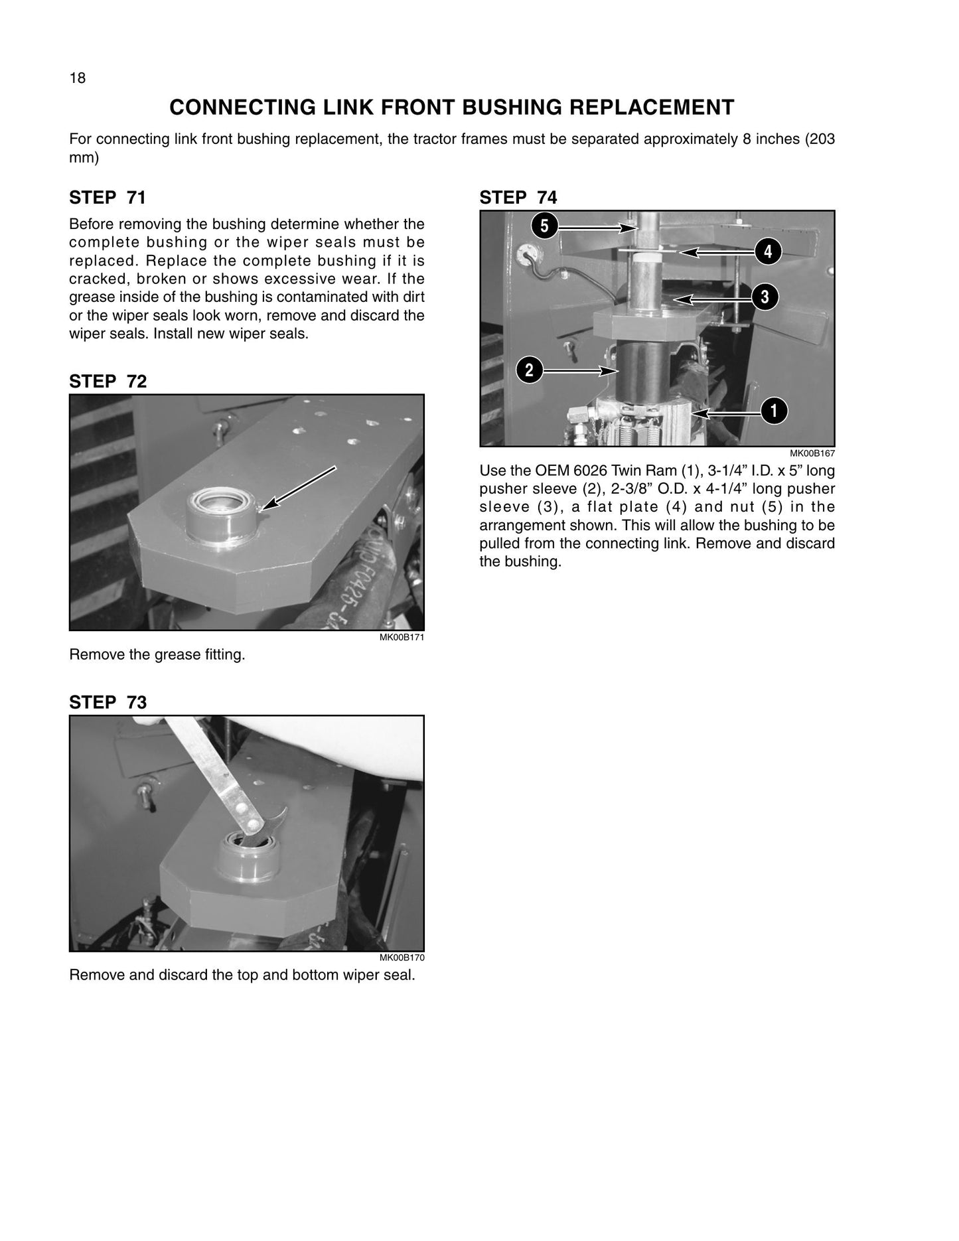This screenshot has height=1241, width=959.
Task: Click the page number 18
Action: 78,78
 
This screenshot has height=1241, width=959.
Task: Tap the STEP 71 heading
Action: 108,198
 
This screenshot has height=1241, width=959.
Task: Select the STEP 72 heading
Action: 108,382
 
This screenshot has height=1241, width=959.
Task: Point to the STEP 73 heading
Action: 108,702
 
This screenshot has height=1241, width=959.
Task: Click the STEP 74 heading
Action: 518,198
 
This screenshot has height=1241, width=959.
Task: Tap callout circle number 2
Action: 529,370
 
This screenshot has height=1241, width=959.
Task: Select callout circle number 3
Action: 765,297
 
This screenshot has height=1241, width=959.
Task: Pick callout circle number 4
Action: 768,252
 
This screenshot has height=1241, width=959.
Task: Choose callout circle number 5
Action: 544,226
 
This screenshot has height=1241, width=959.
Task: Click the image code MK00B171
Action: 402,638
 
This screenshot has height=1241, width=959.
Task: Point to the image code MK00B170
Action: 402,958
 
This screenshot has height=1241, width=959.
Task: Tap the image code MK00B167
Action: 812,454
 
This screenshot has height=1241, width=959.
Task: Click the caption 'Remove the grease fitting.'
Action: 157,655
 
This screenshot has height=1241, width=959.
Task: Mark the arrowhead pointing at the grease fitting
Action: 269,506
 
